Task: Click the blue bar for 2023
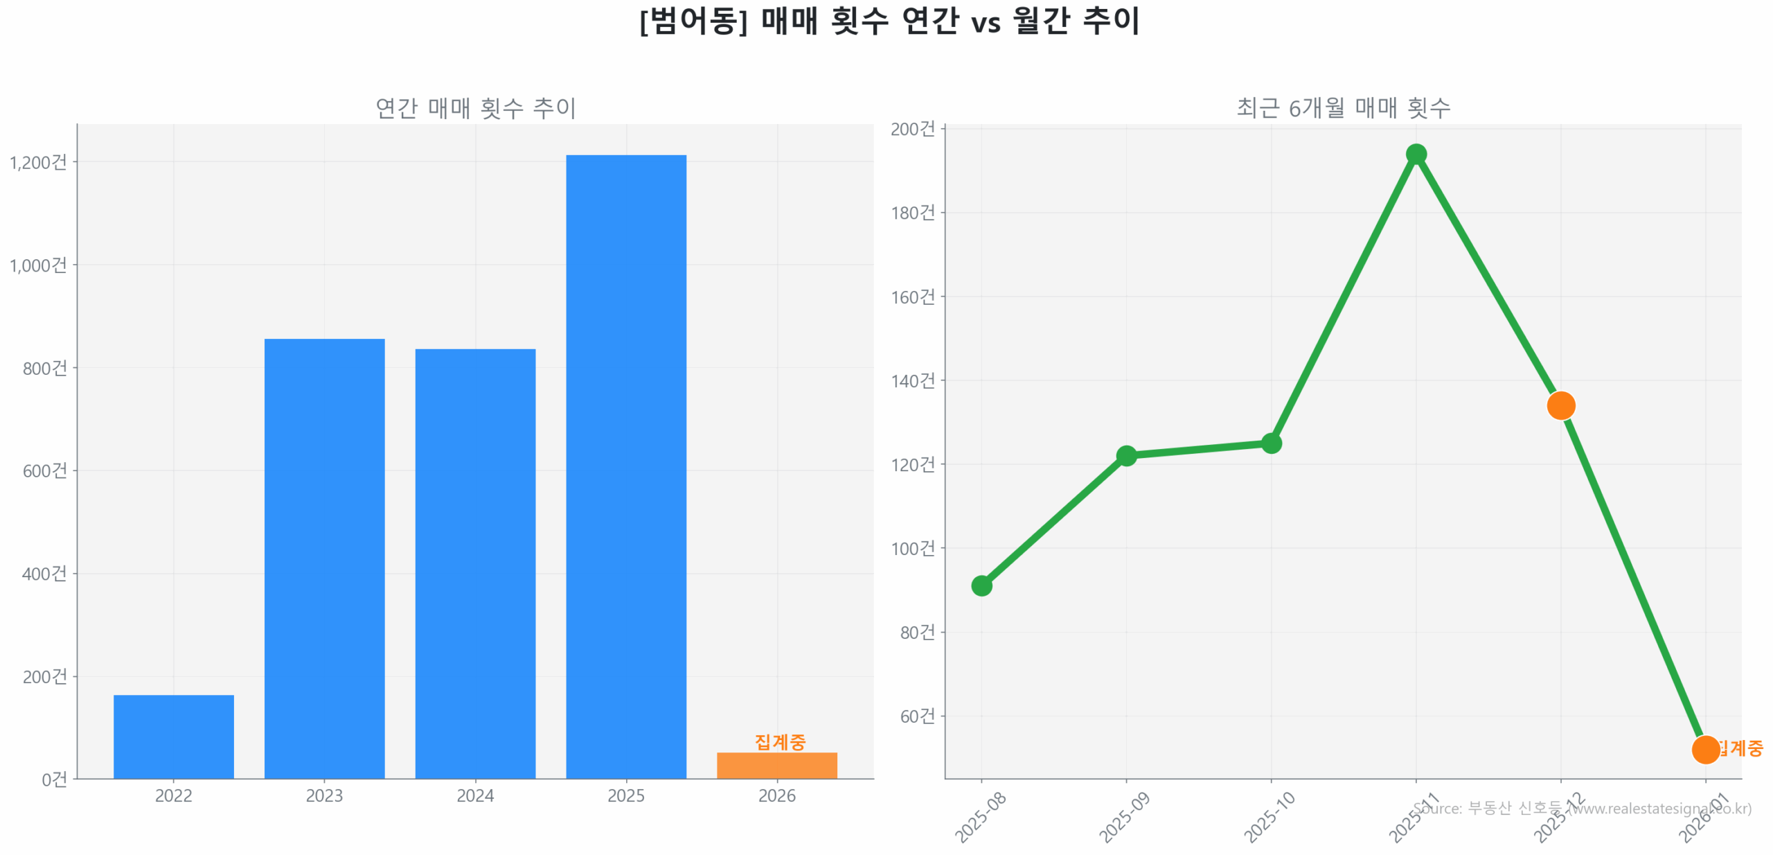coord(324,558)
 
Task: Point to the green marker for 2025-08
coord(981,585)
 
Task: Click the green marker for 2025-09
coord(1126,455)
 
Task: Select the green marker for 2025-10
coord(1271,443)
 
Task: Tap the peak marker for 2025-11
coord(1416,154)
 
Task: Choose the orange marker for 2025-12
coord(1560,405)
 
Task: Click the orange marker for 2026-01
coord(1705,749)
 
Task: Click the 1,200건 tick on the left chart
coord(38,162)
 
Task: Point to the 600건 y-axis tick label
coord(45,470)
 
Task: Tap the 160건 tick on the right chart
coord(912,297)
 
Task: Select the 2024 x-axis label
coord(475,795)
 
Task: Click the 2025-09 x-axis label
coord(1124,818)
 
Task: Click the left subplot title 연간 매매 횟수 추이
coord(475,107)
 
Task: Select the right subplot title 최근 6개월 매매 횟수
coord(1343,107)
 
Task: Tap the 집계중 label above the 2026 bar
coord(780,741)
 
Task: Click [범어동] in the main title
coord(693,21)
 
